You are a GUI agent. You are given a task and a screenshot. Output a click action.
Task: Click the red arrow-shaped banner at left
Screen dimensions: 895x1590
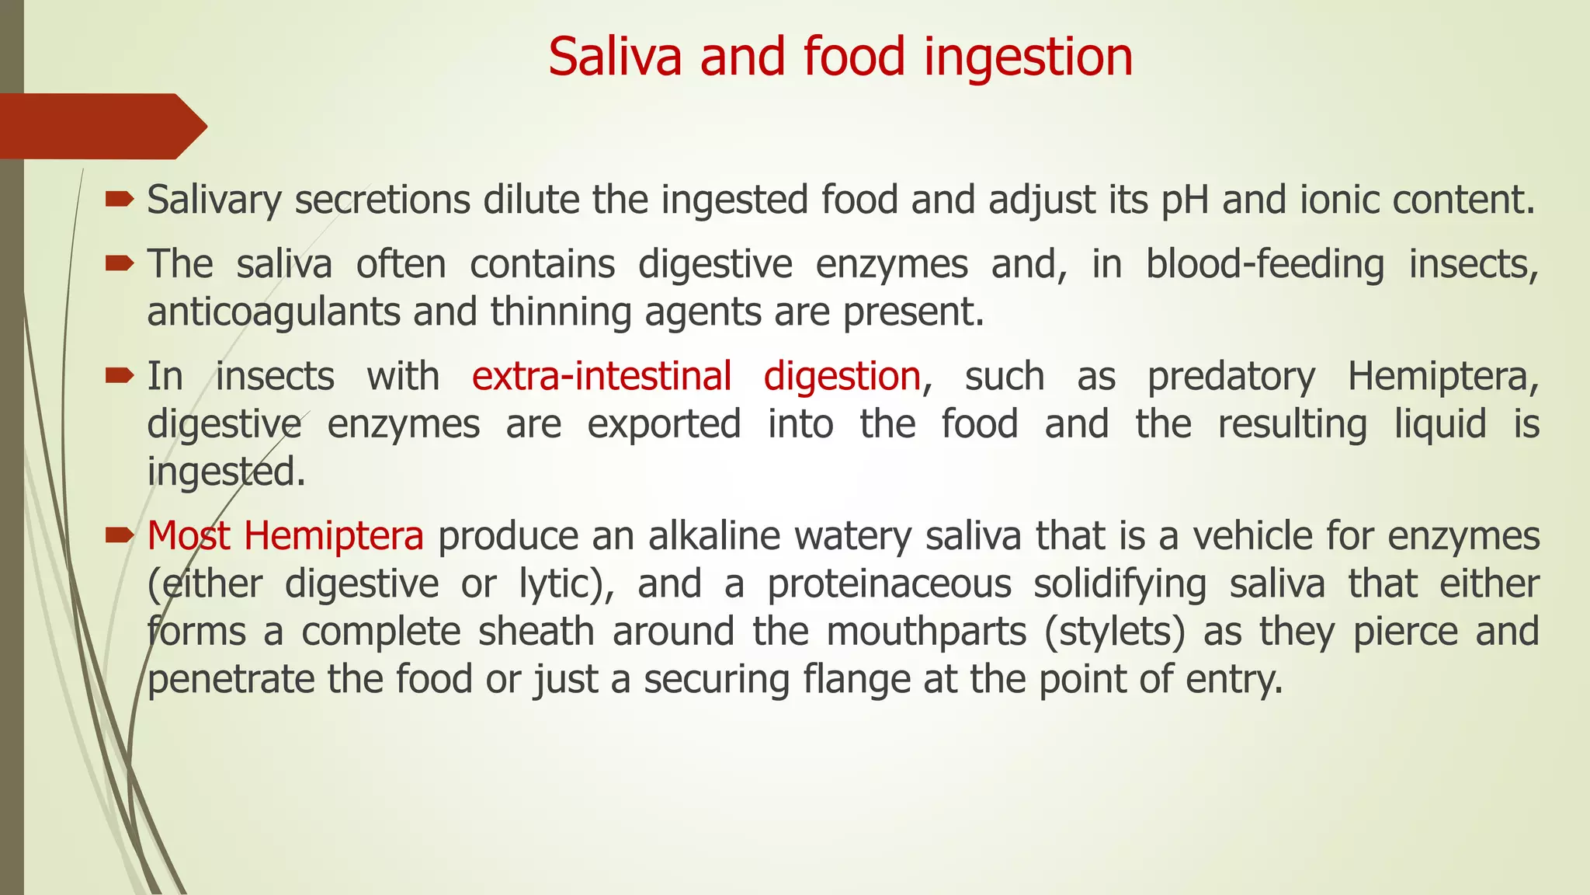pyautogui.click(x=101, y=126)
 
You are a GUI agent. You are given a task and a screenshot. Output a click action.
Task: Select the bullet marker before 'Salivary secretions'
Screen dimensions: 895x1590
pyautogui.click(x=120, y=200)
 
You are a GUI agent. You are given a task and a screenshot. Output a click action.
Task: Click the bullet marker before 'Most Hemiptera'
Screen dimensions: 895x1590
pyautogui.click(x=120, y=535)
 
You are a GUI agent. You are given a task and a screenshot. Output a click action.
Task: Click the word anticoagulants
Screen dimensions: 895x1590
pyautogui.click(x=273, y=312)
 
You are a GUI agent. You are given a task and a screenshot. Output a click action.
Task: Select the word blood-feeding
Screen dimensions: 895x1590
pyautogui.click(x=1265, y=264)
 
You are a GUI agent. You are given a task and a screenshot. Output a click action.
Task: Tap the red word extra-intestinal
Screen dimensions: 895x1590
pyautogui.click(x=602, y=376)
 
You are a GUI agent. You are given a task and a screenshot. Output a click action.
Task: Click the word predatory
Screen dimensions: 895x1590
pyautogui.click(x=1231, y=376)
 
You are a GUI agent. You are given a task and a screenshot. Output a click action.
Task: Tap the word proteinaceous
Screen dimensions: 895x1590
pyautogui.click(x=890, y=584)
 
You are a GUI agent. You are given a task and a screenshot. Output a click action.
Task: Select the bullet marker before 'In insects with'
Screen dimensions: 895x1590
pyautogui.click(x=120, y=377)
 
